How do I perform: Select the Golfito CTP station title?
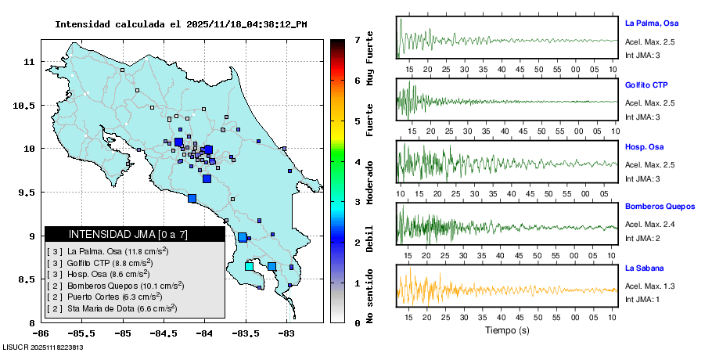tap(646, 85)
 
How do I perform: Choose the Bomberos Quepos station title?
tap(660, 207)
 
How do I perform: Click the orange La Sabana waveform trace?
tap(469, 290)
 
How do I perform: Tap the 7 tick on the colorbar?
tap(357, 39)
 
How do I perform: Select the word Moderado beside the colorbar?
tap(371, 182)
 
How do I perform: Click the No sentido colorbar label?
tap(371, 299)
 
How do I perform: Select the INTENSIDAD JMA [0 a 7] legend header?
tap(128, 234)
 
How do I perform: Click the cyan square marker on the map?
tap(250, 267)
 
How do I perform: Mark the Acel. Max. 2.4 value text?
tap(650, 225)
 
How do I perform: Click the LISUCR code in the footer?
tap(43, 347)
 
